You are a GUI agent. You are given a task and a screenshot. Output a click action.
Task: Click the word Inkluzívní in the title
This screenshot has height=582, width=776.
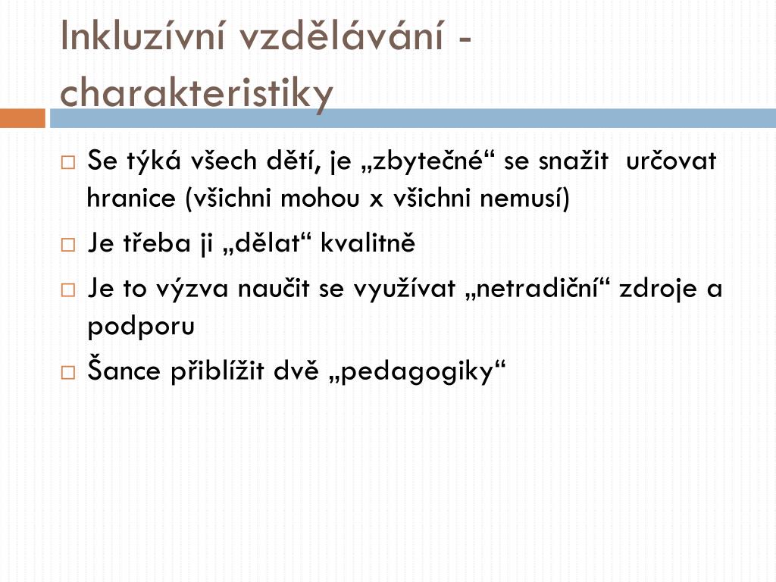(x=142, y=36)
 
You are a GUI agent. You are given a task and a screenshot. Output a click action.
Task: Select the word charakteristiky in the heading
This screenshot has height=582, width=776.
(x=196, y=92)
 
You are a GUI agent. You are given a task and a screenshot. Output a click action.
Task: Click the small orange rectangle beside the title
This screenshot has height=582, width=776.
(x=22, y=118)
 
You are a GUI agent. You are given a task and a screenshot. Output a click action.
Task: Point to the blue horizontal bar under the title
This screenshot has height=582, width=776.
(x=413, y=118)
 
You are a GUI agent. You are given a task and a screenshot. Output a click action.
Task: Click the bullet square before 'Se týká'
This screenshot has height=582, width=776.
(x=68, y=163)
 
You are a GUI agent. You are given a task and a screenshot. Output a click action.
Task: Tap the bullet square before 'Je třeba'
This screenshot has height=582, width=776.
(x=68, y=245)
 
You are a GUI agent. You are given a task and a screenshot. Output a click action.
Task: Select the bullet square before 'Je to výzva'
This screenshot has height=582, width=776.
(x=68, y=290)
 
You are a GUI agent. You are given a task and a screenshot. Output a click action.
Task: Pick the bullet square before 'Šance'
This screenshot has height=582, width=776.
(x=68, y=373)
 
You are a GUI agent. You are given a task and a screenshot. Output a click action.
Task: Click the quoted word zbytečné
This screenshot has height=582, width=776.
(x=427, y=161)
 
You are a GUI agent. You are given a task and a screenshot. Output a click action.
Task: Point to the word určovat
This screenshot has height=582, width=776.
(x=671, y=161)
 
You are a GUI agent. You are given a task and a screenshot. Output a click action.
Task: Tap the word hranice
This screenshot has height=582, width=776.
(x=131, y=198)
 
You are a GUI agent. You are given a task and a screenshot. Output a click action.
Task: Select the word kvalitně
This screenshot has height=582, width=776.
(x=368, y=243)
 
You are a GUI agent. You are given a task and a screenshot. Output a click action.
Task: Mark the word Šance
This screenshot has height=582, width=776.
(x=124, y=370)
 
